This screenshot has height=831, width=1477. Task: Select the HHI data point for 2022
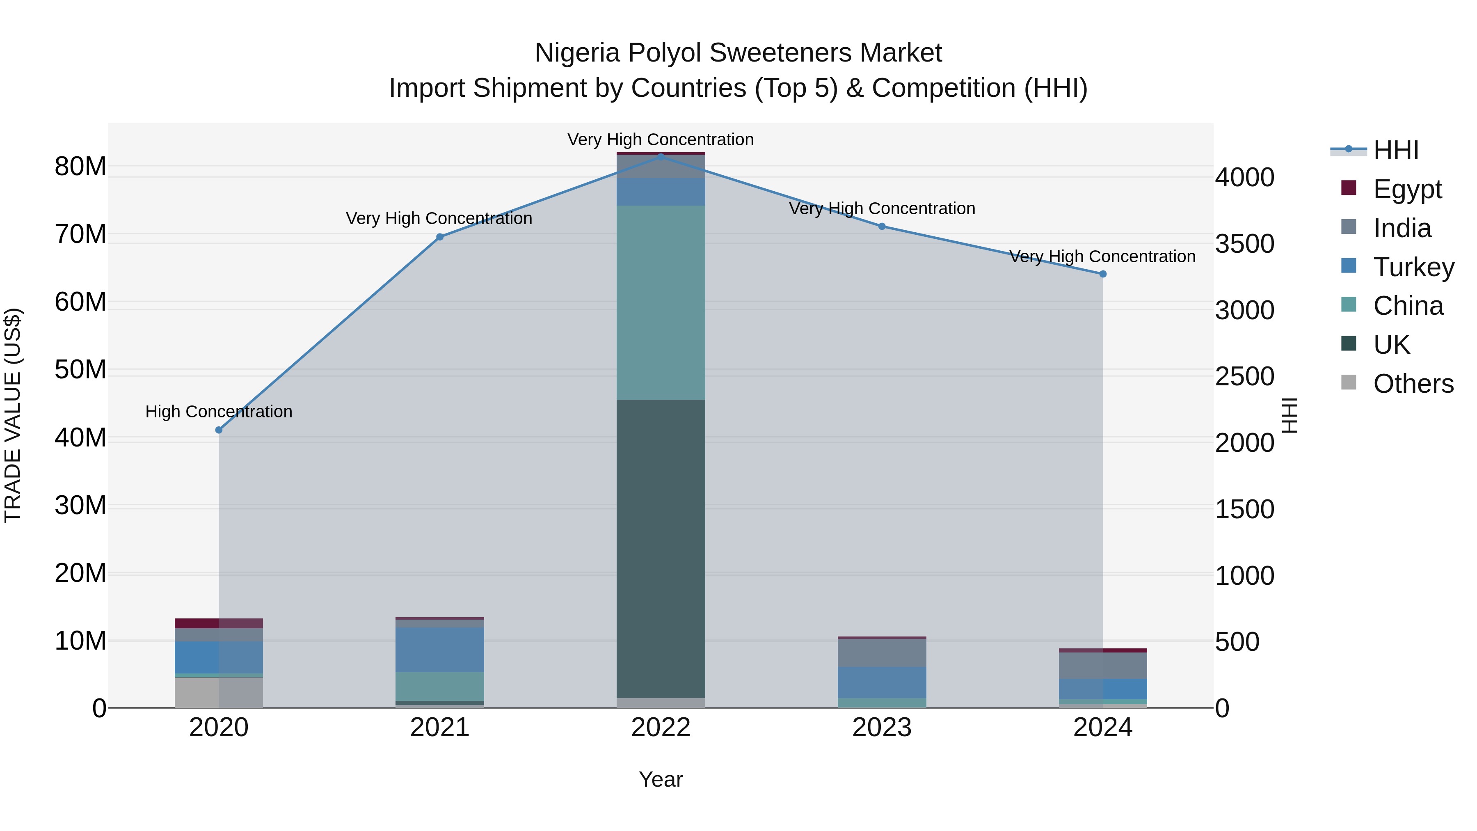[x=661, y=156]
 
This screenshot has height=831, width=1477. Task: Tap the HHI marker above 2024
[x=1102, y=274]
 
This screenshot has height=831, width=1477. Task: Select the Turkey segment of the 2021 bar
[x=440, y=649]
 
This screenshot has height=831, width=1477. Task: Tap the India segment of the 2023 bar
[x=882, y=652]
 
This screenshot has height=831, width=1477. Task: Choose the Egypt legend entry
[x=1407, y=189]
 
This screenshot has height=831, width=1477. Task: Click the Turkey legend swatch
[x=1349, y=266]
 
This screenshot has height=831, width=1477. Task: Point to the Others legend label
[x=1413, y=384]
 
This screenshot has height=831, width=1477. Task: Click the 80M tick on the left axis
[x=80, y=167]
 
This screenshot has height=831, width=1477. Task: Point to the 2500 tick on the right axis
[x=1244, y=377]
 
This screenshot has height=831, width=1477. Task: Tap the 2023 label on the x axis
[x=882, y=728]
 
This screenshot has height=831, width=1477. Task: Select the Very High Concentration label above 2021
[x=439, y=218]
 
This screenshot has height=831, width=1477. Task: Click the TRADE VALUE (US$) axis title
[x=13, y=415]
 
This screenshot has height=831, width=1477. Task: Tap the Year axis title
[x=661, y=779]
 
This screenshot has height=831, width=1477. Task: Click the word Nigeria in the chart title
[x=577, y=53]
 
